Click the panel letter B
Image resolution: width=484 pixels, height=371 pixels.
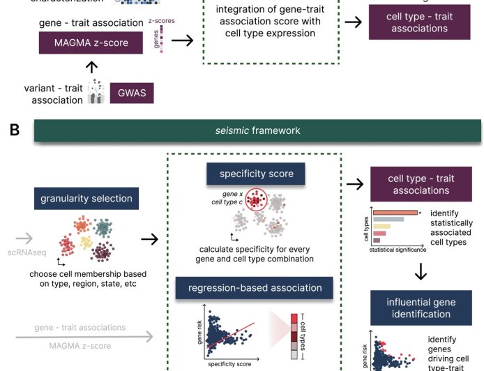13,129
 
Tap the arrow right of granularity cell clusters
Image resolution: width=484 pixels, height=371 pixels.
149,239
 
